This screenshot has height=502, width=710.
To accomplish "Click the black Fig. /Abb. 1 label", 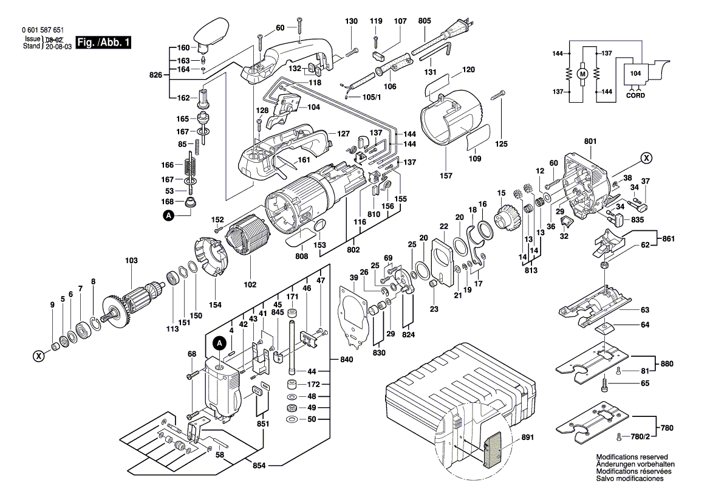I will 103,43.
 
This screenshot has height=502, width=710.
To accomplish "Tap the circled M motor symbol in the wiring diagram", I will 582,74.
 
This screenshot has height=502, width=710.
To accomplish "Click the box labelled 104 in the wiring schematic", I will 635,73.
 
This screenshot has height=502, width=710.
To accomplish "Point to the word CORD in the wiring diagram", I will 635,96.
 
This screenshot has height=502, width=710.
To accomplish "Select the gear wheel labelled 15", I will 504,216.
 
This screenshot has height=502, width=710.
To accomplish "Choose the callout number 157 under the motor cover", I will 446,176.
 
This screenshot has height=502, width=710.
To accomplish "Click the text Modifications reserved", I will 632,457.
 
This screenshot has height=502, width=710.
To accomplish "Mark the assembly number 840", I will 347,360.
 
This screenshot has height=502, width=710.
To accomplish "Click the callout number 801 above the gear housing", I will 590,142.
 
